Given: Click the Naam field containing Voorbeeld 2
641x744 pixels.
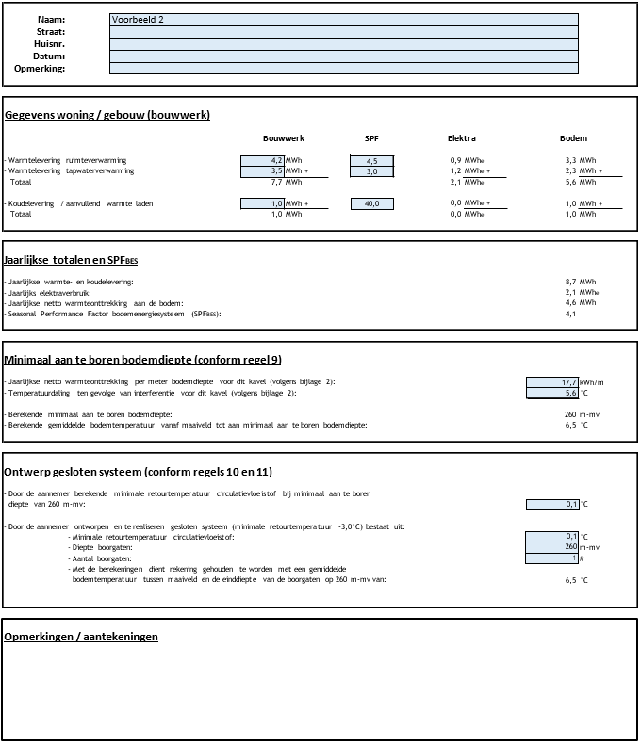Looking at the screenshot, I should [x=343, y=20].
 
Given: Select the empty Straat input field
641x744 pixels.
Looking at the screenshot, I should [x=343, y=32].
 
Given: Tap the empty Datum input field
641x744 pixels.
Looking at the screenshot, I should [x=343, y=56].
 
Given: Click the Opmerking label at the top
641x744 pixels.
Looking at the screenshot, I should [x=40, y=69].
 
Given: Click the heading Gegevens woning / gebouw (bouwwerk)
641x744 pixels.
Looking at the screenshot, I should [x=107, y=115].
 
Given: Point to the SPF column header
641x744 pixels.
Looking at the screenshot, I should [x=371, y=138].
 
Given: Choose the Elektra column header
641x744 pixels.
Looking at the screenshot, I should [x=462, y=138].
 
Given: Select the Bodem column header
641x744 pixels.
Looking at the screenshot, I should [x=573, y=138].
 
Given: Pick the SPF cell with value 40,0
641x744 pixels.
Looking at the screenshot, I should [x=371, y=203].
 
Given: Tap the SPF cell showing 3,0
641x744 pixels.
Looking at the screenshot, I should [x=371, y=171].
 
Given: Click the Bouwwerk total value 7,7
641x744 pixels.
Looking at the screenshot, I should [x=271, y=182].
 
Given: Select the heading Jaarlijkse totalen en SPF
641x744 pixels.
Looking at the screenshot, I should [x=71, y=260].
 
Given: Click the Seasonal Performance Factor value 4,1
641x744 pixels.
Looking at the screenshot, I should [x=570, y=314].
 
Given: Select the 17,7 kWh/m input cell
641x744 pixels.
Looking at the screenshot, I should [x=552, y=381].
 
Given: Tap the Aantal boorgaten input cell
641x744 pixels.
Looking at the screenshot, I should [x=552, y=558].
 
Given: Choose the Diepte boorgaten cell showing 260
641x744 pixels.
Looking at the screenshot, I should [x=552, y=547].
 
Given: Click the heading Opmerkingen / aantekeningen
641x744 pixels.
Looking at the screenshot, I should [x=81, y=637].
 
